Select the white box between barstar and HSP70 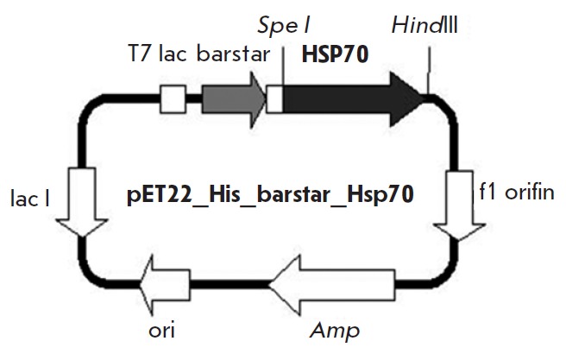[x=275, y=99]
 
